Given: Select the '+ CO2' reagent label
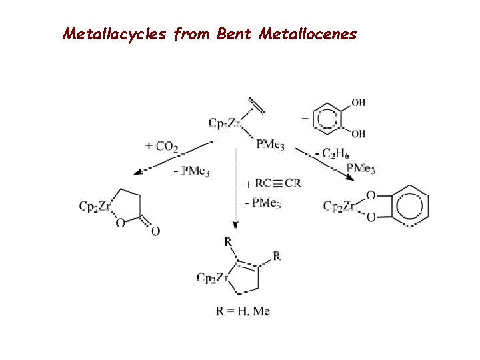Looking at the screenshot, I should click(x=162, y=145).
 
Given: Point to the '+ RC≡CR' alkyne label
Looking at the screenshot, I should click(x=273, y=183).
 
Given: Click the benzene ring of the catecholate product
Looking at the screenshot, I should click(x=407, y=206).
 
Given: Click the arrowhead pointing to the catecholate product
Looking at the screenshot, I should click(x=349, y=175).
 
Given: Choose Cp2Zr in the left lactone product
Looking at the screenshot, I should click(x=94, y=206).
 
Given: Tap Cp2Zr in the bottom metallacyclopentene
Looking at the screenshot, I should click(x=212, y=277).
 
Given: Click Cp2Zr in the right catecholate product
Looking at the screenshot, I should click(x=339, y=206).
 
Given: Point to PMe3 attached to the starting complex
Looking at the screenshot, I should click(x=271, y=144).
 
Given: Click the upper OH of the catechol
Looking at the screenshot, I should click(x=358, y=103).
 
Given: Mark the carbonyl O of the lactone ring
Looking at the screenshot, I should click(x=155, y=231).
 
